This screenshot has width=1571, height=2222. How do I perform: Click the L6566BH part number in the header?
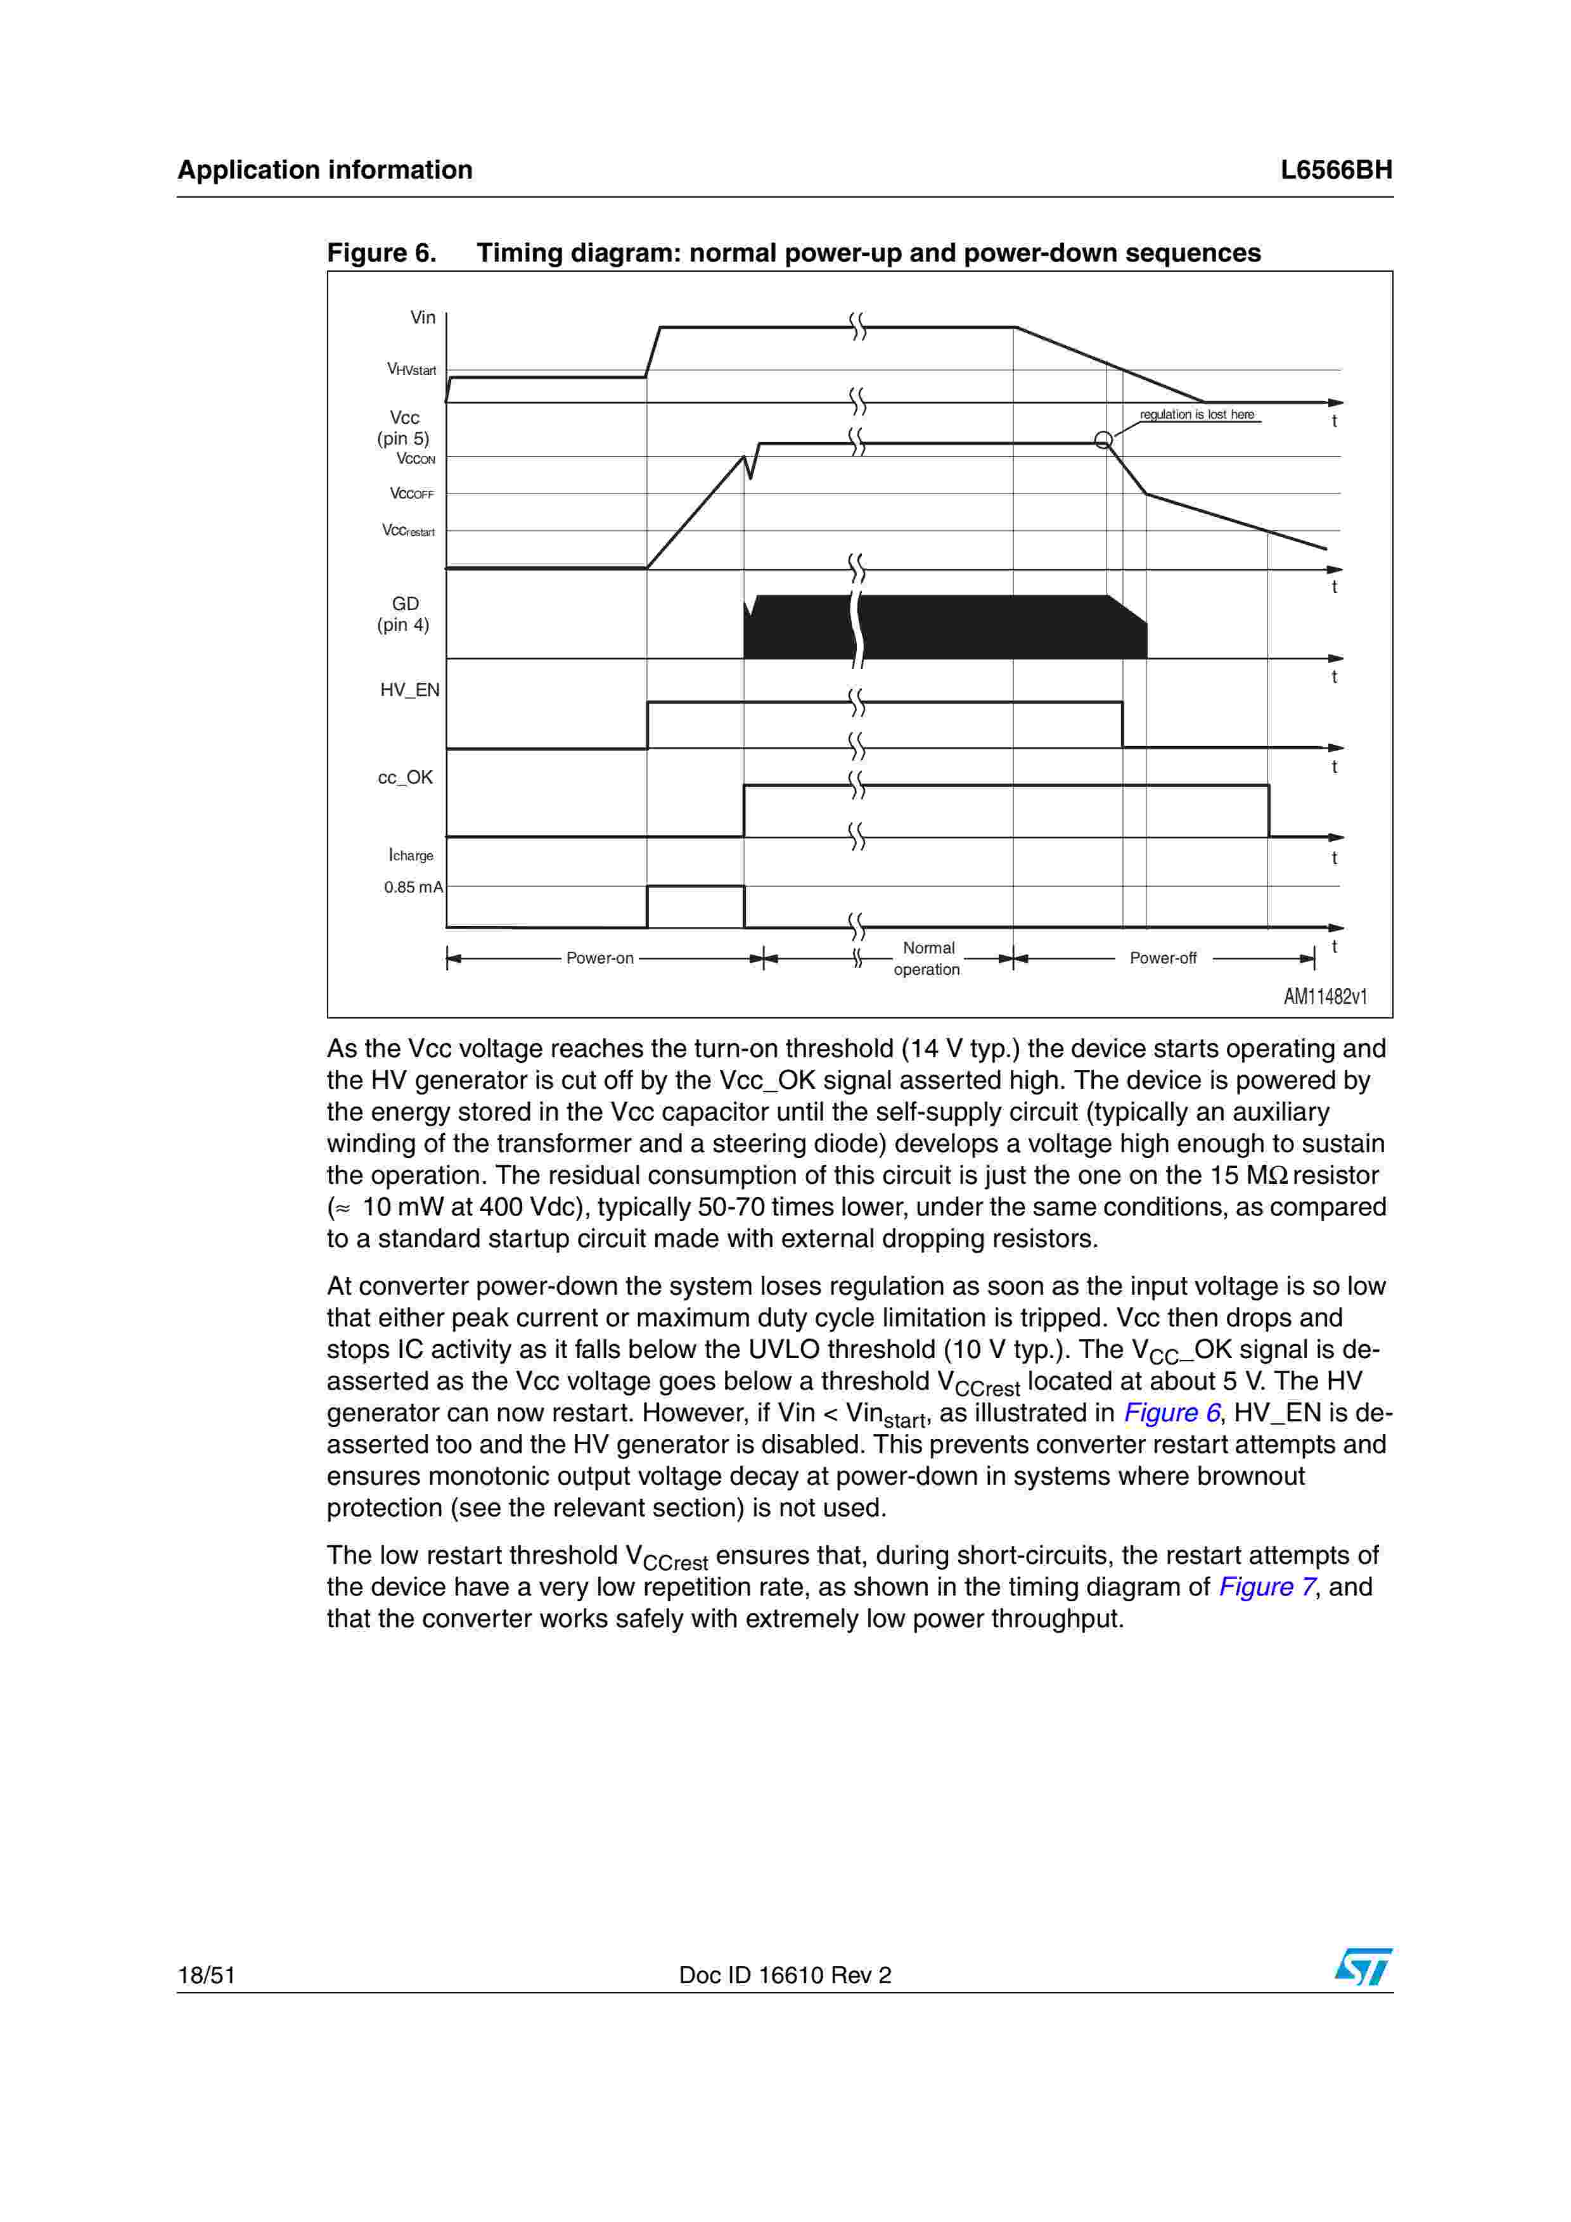coord(1336,170)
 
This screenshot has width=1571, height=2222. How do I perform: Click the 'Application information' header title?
coord(325,170)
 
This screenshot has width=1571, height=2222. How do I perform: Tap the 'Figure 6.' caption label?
coord(382,253)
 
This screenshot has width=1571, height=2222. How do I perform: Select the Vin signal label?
coord(423,317)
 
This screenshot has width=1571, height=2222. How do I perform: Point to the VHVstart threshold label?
coord(411,370)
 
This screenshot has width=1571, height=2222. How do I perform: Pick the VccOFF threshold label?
coord(413,493)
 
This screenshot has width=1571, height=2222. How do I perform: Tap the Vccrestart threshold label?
coord(409,530)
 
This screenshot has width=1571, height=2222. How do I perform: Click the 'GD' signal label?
coord(404,604)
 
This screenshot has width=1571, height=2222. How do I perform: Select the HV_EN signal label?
coord(409,690)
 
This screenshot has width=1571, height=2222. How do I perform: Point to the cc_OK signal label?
coord(406,778)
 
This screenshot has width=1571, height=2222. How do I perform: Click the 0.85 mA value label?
coord(413,887)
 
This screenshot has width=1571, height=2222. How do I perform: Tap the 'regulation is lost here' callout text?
coord(1196,414)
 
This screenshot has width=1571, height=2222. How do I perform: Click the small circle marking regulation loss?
coord(1103,440)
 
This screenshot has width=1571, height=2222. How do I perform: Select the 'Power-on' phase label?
coord(600,958)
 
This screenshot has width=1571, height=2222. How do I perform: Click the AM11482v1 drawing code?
coord(1325,997)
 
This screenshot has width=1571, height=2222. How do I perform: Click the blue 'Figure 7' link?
coord(1267,1587)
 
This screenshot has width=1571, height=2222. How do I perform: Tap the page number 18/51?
coord(206,1975)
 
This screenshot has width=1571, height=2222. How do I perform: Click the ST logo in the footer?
coord(1363,1967)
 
